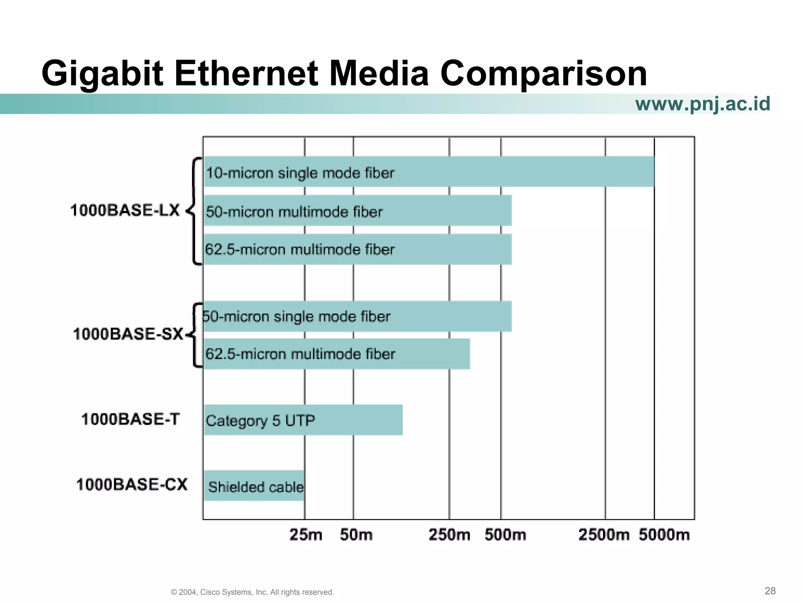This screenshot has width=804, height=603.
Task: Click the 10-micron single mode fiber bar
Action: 429,172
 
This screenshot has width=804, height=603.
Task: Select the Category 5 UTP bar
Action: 303,420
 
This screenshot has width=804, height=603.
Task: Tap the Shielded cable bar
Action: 254,486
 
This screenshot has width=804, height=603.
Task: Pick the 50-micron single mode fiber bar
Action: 357,316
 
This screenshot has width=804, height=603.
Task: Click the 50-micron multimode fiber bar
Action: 357,211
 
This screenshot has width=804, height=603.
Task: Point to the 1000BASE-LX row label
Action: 125,210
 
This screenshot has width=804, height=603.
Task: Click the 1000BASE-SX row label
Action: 128,334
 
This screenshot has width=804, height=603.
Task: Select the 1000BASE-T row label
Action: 130,419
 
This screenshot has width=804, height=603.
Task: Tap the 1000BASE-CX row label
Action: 132,484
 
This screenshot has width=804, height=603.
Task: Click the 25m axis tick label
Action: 306,535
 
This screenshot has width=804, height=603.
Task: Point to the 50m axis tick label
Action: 356,535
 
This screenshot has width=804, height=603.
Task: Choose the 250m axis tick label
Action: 449,535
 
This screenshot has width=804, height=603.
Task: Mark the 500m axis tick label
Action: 505,535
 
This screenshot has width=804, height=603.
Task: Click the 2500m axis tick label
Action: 604,535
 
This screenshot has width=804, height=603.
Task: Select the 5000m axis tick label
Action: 664,535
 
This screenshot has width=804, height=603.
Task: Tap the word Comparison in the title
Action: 543,74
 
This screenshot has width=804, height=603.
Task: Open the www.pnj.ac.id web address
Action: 702,104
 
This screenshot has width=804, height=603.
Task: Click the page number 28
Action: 770,591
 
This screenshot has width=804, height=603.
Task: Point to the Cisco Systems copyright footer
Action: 252,592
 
